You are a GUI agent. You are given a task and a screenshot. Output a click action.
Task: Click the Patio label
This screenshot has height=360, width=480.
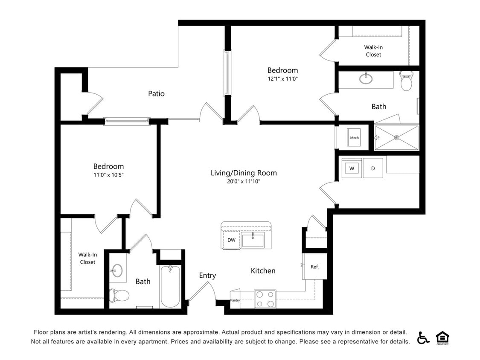(156, 93)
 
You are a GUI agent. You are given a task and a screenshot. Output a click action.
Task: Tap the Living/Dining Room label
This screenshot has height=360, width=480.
(244, 173)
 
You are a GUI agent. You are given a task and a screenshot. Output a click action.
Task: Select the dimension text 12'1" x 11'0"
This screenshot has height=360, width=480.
(282, 78)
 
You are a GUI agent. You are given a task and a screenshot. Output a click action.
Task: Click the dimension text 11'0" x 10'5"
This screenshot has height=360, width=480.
(108, 174)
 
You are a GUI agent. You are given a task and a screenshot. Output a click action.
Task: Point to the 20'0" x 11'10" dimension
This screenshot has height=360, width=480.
(244, 181)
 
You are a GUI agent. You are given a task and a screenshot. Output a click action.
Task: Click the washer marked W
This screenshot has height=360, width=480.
(352, 168)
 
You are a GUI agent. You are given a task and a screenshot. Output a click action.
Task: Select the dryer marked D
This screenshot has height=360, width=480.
(373, 168)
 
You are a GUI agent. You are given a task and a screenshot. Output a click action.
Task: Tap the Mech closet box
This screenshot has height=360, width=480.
(354, 137)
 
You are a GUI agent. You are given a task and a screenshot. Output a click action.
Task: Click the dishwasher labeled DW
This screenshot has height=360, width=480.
(231, 240)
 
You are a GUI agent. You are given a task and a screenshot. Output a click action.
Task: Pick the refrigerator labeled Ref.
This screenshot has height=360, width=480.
(314, 267)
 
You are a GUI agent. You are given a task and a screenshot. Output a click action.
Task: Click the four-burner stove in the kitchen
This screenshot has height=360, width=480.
(265, 299)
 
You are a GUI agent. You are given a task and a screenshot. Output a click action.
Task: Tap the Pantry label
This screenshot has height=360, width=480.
(235, 300)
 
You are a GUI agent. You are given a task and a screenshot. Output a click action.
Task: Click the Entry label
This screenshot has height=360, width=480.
(207, 276)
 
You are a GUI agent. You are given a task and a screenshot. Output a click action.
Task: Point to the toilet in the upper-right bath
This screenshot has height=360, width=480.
(407, 81)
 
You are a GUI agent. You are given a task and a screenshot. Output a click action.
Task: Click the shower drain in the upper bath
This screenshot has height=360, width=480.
(396, 137)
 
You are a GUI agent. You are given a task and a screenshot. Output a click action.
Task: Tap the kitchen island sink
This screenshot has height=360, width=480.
(252, 240)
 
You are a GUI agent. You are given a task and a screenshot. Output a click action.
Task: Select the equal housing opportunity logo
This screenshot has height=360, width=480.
(442, 337)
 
